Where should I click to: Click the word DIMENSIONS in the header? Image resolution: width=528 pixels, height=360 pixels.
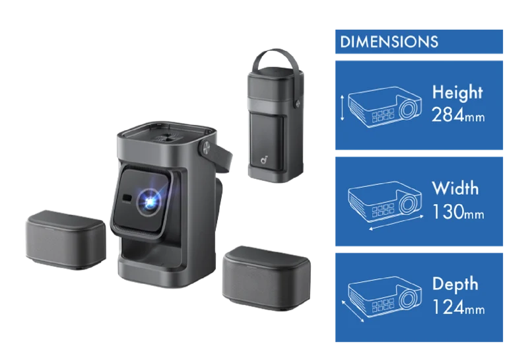[389, 42]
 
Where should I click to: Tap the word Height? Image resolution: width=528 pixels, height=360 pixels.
[457, 92]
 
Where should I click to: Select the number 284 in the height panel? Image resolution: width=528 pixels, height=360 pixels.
[448, 115]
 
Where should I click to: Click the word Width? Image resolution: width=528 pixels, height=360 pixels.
[455, 188]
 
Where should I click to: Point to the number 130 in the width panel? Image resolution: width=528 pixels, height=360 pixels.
[448, 211]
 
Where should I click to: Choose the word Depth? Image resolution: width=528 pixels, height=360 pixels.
[455, 284]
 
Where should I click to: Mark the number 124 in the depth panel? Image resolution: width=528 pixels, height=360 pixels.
[448, 307]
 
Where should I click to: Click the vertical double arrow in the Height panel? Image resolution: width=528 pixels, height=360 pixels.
[343, 108]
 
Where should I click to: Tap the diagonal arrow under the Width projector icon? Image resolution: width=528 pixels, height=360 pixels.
[397, 223]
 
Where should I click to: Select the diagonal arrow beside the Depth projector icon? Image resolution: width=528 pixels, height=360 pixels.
[352, 311]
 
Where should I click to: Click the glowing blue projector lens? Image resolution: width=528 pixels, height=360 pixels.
[149, 202]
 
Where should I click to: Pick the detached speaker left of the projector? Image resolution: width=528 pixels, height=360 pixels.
[65, 240]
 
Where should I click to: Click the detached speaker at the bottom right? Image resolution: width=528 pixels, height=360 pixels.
[267, 279]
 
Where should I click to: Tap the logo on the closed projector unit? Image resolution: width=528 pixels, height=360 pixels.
[264, 160]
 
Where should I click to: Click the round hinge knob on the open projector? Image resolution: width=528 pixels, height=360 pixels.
[205, 149]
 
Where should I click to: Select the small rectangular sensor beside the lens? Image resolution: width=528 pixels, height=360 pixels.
[127, 198]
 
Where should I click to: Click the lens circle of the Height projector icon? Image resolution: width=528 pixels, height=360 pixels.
[409, 108]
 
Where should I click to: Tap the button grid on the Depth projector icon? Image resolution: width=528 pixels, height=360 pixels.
[383, 305]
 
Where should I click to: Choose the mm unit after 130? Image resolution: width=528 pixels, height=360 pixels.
[474, 215]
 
